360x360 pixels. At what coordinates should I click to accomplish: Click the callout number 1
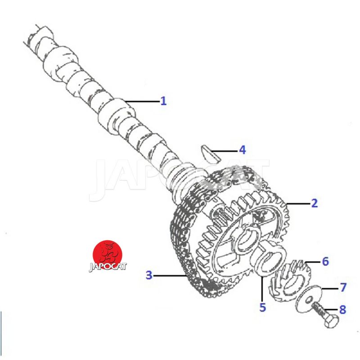pos(163,101)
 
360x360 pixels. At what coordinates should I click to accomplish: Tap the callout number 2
pos(315,203)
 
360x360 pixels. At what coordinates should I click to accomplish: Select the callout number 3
pos(149,275)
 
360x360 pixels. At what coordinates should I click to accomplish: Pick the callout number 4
pos(243,150)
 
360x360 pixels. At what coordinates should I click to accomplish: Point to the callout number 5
pos(263,307)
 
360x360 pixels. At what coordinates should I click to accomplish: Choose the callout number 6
pos(325,261)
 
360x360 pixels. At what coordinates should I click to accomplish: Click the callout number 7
pos(343,287)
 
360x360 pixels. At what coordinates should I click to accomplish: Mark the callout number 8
pos(342,310)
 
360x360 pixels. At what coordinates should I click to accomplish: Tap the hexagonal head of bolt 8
pos(332,320)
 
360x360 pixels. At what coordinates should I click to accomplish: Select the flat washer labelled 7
pos(309,299)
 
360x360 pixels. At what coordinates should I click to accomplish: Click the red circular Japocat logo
pos(108,255)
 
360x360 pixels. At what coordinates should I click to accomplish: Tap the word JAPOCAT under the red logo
pos(108,266)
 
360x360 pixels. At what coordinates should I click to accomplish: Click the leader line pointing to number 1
pos(142,101)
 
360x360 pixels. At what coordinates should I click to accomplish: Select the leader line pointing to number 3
pos(169,275)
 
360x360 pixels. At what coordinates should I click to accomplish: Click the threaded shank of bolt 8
pos(319,309)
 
